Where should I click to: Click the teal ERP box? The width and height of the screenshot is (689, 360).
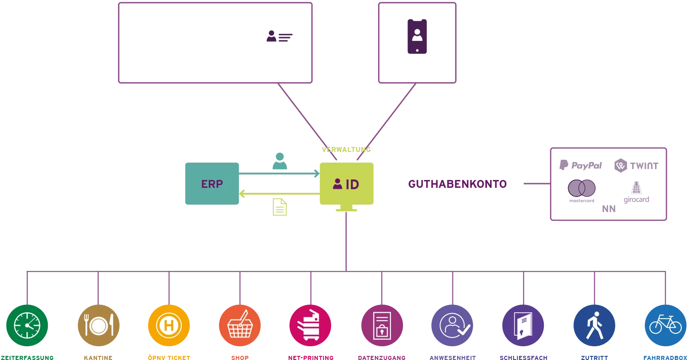click(x=212, y=184)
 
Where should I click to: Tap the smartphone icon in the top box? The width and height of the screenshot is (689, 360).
click(x=417, y=36)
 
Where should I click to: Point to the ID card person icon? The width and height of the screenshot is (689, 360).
click(x=279, y=36)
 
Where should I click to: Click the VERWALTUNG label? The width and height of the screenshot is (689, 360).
click(x=346, y=150)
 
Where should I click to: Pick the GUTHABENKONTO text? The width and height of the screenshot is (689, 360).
click(x=457, y=184)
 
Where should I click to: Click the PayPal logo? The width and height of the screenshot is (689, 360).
click(x=581, y=165)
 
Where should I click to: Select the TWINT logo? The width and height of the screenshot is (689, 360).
click(x=636, y=165)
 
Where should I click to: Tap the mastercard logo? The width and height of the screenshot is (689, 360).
click(x=582, y=191)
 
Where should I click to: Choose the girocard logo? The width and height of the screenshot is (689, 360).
click(x=636, y=192)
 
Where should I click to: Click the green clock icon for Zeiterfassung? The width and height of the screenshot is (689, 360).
click(x=27, y=326)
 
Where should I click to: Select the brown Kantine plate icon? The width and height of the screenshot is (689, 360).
click(x=98, y=326)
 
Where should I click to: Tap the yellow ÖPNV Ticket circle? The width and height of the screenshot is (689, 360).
click(x=169, y=326)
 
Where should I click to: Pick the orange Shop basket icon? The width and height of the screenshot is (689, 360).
click(x=240, y=326)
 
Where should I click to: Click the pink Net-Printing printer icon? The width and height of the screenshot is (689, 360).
click(x=311, y=326)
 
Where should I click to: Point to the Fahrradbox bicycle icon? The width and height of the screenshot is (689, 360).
click(x=665, y=326)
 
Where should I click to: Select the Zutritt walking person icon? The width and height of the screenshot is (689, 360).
click(x=594, y=326)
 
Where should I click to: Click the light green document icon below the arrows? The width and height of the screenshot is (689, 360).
click(x=280, y=207)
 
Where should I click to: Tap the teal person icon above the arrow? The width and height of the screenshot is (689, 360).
click(x=280, y=161)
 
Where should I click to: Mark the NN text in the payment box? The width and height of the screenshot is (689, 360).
click(x=609, y=209)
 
